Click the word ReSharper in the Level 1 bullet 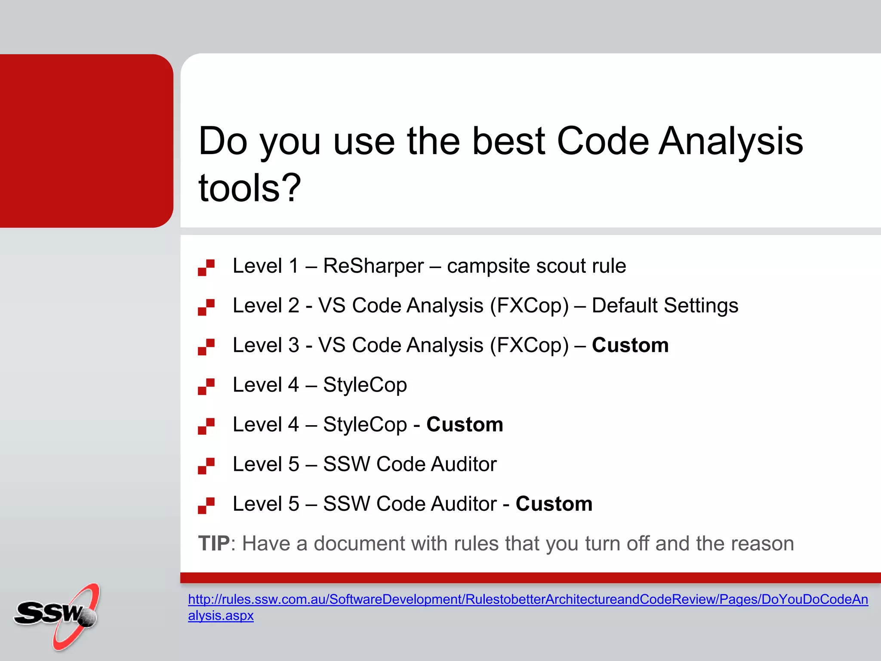[373, 266]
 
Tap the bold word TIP [214, 544]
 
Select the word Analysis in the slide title [731, 142]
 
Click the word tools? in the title [250, 188]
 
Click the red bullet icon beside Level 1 [206, 267]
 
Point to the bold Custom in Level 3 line [630, 345]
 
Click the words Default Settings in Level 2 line [665, 306]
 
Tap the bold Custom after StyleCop [465, 425]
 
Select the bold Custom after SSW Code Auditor [554, 504]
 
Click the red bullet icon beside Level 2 [206, 307]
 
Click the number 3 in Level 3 [294, 345]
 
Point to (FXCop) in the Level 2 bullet [529, 306]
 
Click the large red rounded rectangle [86, 141]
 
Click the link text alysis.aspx [221, 616]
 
